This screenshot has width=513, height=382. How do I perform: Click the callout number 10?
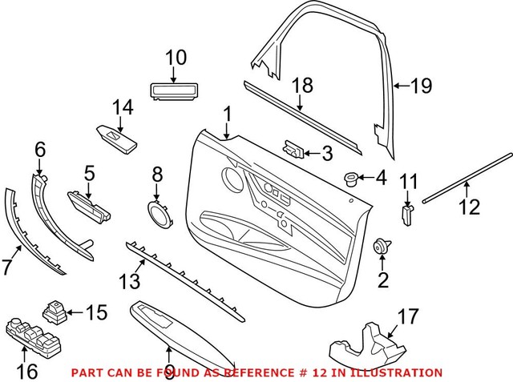[x=176, y=58]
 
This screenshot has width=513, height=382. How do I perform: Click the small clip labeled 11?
[x=406, y=214]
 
